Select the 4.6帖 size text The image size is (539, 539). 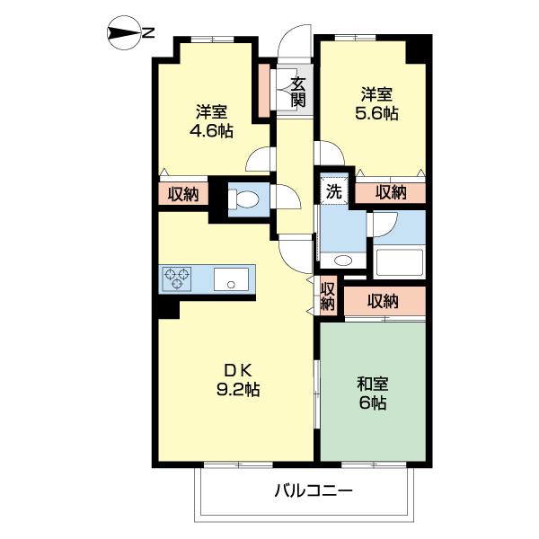(212, 131)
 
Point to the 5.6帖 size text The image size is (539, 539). (377, 114)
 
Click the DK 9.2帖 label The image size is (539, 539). (239, 380)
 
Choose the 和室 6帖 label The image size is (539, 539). (372, 393)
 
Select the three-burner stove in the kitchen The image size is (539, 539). (177, 279)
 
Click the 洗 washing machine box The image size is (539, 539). (333, 190)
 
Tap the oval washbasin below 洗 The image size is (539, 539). (342, 261)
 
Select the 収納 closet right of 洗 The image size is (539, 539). (390, 191)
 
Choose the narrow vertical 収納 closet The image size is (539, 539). (328, 296)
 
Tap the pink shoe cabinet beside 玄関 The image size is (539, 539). (264, 90)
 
